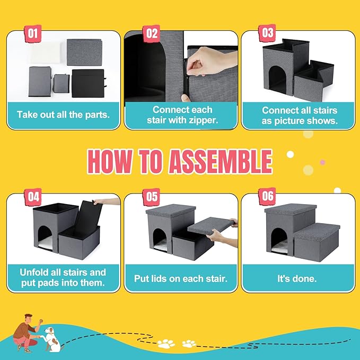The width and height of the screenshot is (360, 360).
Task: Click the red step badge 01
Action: (x=33, y=34)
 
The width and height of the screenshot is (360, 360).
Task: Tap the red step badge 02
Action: (x=151, y=34)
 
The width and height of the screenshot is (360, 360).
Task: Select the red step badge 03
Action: (x=267, y=33)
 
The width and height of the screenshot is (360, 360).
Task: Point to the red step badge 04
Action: (x=33, y=197)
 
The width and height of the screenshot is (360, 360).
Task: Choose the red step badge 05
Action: (x=151, y=197)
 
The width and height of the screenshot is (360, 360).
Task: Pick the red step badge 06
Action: (x=267, y=196)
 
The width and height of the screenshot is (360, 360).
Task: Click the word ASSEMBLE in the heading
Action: (x=221, y=162)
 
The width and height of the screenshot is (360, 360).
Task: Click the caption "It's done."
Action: (x=297, y=279)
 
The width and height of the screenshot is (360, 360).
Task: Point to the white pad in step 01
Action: (x=46, y=53)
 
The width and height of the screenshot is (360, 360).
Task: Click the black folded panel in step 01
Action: (x=89, y=84)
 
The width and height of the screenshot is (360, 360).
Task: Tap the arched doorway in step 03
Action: (x=278, y=80)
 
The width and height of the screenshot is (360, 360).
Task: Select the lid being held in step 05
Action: (x=211, y=228)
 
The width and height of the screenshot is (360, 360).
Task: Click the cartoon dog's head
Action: (x=49, y=331)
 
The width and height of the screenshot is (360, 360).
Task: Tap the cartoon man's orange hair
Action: (x=28, y=316)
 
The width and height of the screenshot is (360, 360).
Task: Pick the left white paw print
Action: (x=166, y=344)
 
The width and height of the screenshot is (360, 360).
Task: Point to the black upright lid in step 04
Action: (x=89, y=216)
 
